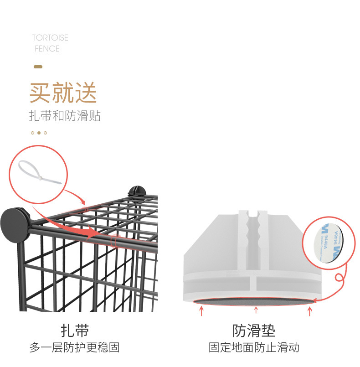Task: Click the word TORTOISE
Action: click(x=50, y=37)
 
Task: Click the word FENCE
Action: click(x=47, y=48)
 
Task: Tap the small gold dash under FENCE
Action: click(x=38, y=67)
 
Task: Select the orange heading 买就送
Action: click(x=63, y=93)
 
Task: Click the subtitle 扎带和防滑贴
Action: click(x=65, y=116)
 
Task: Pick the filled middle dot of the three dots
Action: click(x=39, y=133)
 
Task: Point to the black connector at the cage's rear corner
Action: click(x=135, y=191)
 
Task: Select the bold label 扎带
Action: click(x=75, y=331)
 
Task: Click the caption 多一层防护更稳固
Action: click(x=75, y=348)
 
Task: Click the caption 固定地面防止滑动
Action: click(x=254, y=348)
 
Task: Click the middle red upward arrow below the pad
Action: click(x=256, y=310)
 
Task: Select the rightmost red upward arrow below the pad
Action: click(x=310, y=311)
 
